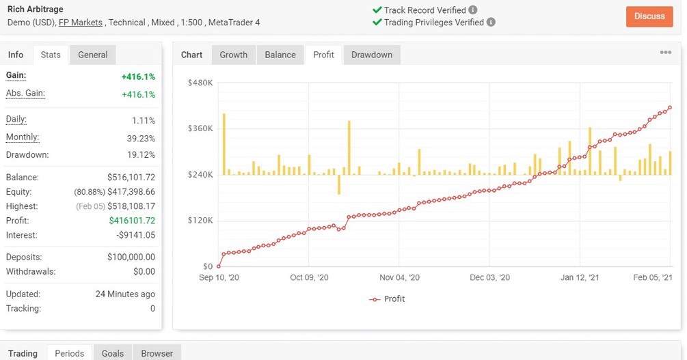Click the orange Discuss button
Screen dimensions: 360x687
[649, 16]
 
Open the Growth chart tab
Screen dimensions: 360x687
[234, 55]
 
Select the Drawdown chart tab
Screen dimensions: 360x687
[372, 55]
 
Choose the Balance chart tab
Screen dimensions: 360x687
[280, 55]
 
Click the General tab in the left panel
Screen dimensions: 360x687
[93, 55]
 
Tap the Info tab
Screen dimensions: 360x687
[16, 55]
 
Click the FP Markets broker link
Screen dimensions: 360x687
[81, 23]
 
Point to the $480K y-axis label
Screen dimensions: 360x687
[200, 83]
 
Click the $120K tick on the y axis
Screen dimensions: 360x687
[200, 221]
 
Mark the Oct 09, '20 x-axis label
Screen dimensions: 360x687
[309, 278]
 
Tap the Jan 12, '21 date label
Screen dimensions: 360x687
[580, 278]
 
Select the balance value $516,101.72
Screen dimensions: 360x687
[131, 178]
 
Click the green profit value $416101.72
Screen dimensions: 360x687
[132, 221]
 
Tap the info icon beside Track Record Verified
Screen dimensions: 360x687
[473, 10]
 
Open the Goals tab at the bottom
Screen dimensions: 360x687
[113, 353]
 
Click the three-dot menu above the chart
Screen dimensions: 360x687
[665, 53]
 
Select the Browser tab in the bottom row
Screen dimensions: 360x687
[157, 353]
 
